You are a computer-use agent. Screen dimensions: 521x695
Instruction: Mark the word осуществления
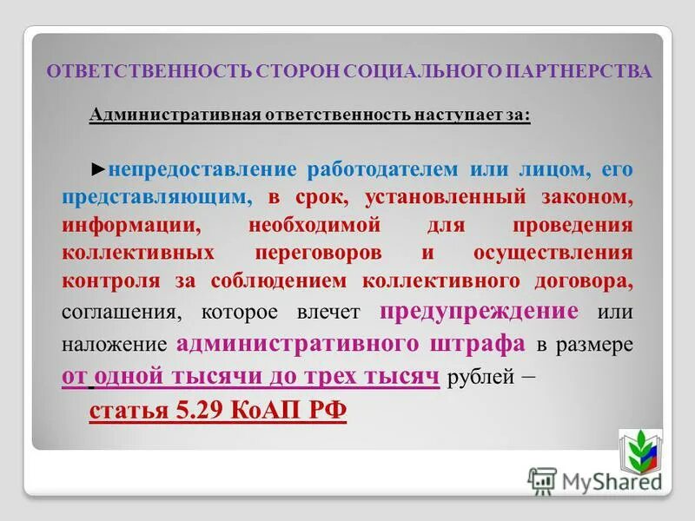tap(552, 254)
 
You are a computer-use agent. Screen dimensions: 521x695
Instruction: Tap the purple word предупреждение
tap(480, 311)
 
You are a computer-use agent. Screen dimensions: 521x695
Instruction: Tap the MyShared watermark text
tap(608, 480)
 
